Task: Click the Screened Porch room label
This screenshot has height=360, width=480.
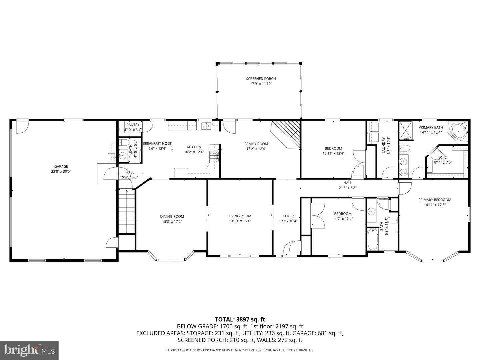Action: click(261, 79)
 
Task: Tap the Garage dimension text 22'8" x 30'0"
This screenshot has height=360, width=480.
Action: click(61, 172)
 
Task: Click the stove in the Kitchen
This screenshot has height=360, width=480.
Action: click(214, 156)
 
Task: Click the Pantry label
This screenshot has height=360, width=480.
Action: click(133, 125)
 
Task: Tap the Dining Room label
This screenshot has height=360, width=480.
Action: click(172, 216)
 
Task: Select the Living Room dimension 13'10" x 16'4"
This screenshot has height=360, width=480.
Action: click(240, 221)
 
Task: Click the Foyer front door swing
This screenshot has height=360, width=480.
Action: click(290, 248)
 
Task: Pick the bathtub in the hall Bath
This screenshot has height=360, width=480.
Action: click(373, 239)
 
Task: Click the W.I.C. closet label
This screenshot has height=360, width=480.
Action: click(442, 157)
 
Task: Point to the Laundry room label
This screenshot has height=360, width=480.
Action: click(384, 145)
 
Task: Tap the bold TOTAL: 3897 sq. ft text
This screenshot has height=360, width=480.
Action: click(240, 319)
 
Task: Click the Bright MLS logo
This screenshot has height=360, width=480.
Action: click(29, 350)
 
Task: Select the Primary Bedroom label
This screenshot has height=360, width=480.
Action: click(435, 200)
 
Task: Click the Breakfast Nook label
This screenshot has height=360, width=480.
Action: click(157, 144)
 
